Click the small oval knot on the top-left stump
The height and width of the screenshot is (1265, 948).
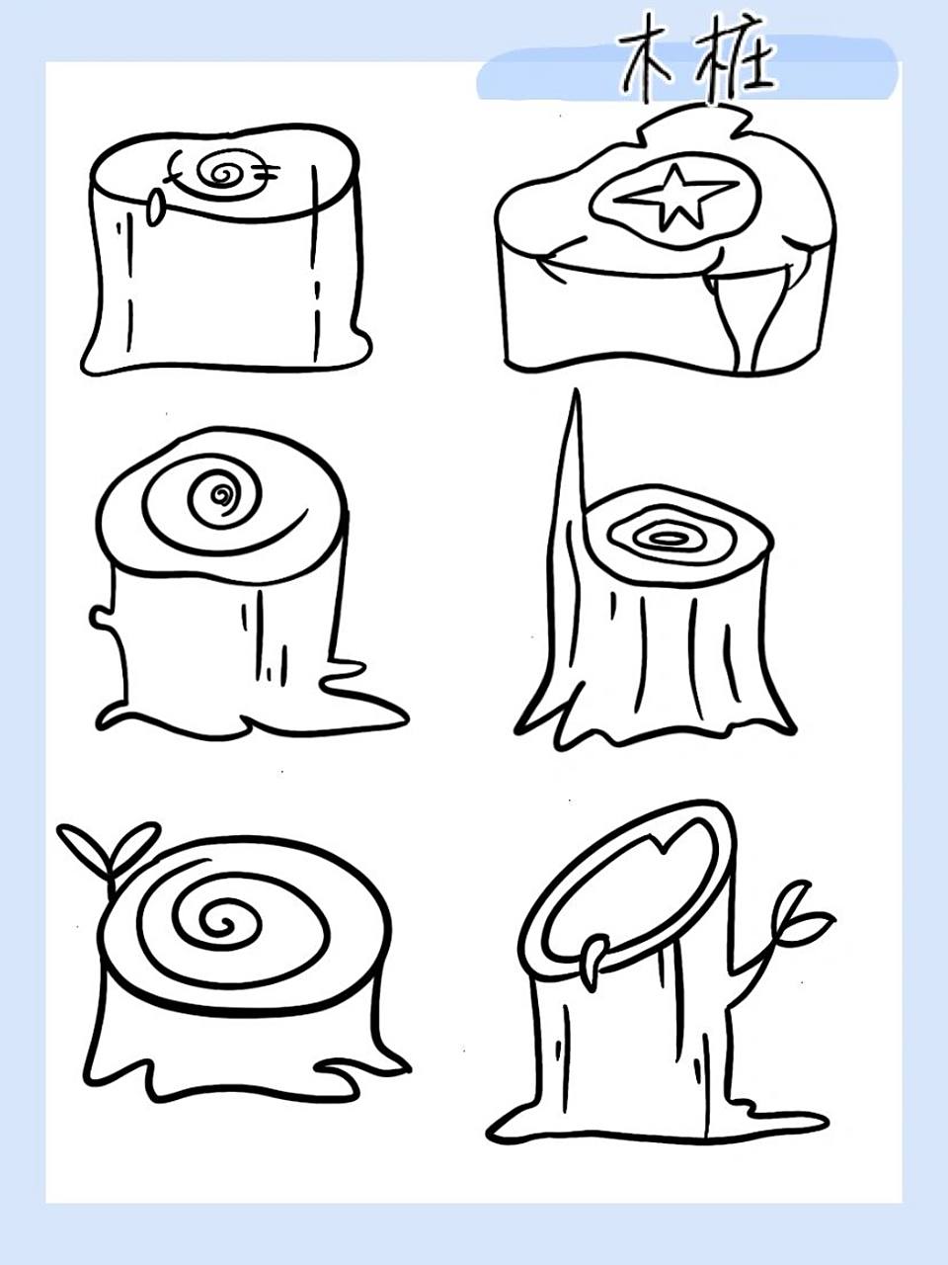(x=154, y=209)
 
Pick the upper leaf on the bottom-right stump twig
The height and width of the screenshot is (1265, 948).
(x=794, y=906)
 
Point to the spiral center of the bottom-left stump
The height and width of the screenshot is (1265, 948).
(x=221, y=923)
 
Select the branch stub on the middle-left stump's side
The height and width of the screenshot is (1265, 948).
(x=103, y=618)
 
